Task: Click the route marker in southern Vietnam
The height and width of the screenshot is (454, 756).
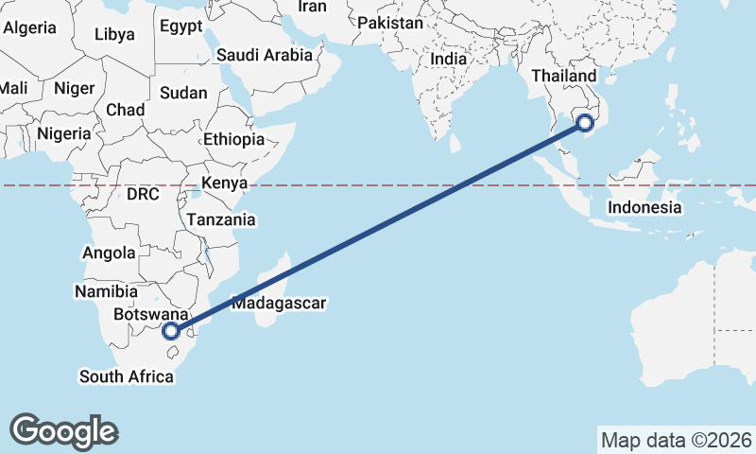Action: click(585, 122)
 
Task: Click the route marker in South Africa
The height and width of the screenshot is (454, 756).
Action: click(171, 331)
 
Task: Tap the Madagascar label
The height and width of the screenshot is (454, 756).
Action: click(278, 304)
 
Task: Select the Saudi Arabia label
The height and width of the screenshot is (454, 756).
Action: click(264, 55)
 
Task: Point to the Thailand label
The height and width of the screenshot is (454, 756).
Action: click(564, 76)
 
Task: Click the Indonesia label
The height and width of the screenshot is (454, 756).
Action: click(644, 207)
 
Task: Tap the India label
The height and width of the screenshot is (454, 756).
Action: click(448, 59)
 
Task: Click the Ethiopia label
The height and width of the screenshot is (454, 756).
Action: click(233, 139)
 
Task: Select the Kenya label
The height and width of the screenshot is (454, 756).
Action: click(225, 183)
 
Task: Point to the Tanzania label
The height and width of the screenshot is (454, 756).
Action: click(221, 219)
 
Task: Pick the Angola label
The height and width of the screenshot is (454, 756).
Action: click(110, 253)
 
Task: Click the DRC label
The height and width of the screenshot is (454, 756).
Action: click(143, 194)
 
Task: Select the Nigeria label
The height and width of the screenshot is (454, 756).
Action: click(63, 133)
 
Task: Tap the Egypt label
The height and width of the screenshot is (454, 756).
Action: click(180, 26)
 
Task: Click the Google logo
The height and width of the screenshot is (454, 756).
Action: click(63, 430)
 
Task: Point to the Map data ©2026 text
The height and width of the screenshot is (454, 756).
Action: click(676, 440)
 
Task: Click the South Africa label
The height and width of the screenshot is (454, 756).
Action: click(127, 376)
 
